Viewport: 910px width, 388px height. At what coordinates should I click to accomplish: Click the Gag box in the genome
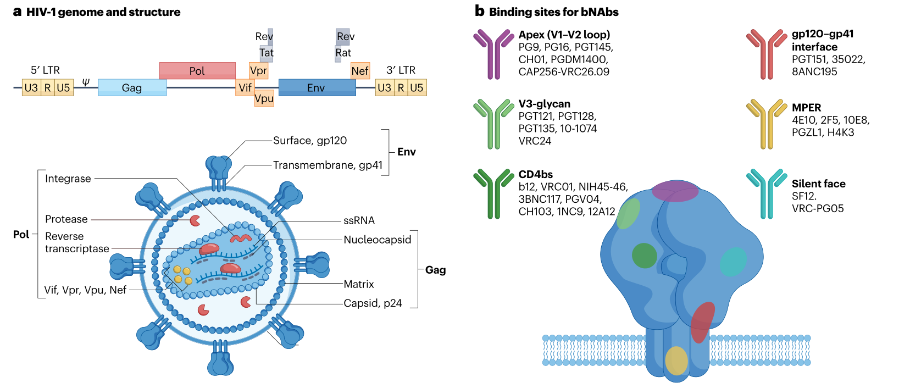point(132,88)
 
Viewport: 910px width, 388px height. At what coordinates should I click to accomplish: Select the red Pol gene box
point(197,71)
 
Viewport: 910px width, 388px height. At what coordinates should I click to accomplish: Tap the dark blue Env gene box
point(317,88)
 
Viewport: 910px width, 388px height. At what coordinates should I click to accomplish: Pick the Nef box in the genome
point(360,71)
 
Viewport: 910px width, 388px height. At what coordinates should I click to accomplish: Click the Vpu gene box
point(264,98)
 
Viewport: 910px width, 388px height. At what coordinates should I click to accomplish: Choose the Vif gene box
point(245,88)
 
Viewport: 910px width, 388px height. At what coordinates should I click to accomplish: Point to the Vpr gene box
point(258,71)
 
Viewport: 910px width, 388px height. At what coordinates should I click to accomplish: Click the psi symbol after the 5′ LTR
point(86,82)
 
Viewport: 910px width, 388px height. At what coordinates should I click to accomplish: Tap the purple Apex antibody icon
point(493,54)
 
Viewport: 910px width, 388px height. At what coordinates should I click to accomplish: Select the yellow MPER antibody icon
point(766,124)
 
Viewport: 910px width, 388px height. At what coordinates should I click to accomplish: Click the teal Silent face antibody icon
point(766,193)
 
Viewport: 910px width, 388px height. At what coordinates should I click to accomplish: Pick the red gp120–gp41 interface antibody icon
point(766,54)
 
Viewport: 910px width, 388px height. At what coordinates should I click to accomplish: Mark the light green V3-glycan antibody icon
point(493,124)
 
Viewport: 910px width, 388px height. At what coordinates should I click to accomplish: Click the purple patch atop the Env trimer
point(675,191)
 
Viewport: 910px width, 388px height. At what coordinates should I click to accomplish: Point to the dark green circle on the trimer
point(644,256)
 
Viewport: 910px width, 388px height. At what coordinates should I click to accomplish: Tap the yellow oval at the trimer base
point(676,361)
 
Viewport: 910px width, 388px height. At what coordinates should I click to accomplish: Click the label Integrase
point(68,179)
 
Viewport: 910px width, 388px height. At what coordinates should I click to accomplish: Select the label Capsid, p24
point(373,303)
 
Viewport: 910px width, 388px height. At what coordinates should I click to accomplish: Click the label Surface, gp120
point(310,141)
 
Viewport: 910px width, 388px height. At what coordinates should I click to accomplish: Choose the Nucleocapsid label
point(377,240)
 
